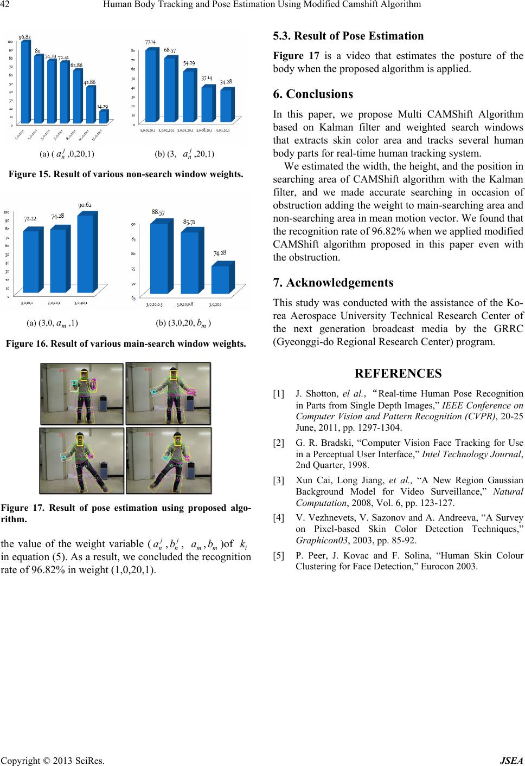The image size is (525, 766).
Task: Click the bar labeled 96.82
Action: click(25, 81)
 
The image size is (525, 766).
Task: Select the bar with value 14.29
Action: click(103, 116)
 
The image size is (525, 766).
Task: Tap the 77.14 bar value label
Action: click(151, 42)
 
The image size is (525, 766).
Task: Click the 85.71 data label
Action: click(189, 222)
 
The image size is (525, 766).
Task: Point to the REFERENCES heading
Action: click(398, 374)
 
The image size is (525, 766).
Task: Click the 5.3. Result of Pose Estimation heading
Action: click(348, 36)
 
